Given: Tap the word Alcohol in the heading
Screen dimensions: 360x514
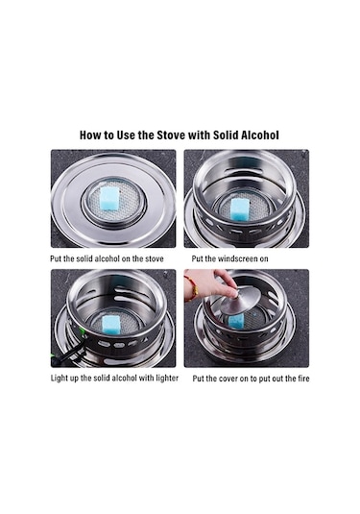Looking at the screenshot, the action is tap(260, 135).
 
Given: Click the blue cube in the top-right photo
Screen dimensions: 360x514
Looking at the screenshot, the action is tap(240, 209).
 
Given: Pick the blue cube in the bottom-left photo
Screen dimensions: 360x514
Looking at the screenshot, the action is tap(111, 324).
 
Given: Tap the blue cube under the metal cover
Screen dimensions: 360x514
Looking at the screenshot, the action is tap(236, 320).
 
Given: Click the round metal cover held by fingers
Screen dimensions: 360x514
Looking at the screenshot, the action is tap(240, 300).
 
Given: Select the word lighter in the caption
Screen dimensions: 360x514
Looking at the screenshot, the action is tap(167, 379).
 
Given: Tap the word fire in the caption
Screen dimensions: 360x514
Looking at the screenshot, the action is tap(303, 379).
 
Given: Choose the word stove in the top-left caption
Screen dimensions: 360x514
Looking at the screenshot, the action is tap(155, 258).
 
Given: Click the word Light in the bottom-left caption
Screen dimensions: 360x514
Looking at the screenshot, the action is tap(59, 379).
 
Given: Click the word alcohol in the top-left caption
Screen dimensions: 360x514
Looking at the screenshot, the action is tap(107, 258).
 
